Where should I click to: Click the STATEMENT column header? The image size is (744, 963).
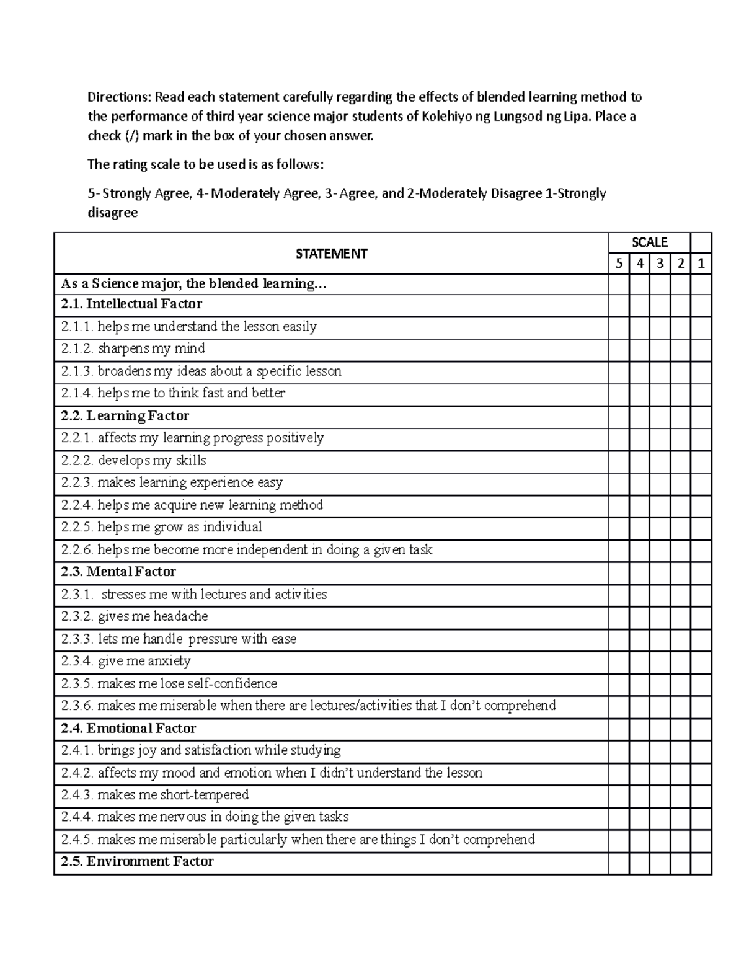[331, 254]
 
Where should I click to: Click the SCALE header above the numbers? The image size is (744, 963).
[649, 242]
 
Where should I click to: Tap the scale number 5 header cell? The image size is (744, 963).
[618, 264]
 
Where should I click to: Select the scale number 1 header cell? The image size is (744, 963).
[701, 264]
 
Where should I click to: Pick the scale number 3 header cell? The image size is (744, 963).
[660, 264]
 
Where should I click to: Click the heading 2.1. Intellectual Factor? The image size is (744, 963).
[131, 304]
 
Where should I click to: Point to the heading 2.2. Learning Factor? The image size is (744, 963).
[125, 415]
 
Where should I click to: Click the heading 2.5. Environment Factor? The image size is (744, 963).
[137, 861]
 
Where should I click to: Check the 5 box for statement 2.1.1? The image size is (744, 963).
[618, 327]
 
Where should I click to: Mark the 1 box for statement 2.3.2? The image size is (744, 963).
[701, 616]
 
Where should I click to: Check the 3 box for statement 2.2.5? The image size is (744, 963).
[660, 527]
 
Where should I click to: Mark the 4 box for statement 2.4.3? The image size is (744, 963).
[639, 795]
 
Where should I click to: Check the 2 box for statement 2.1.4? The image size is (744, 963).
[681, 393]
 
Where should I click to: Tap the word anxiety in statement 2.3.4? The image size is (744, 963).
[169, 661]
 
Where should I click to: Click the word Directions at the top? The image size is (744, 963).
[118, 97]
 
